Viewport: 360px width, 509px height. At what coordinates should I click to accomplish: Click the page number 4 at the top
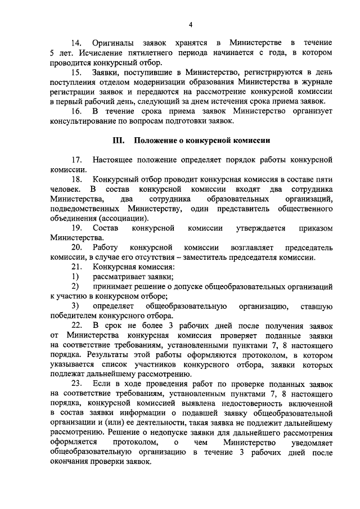pos(191,24)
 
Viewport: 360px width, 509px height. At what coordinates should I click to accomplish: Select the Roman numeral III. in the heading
pos(119,140)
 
